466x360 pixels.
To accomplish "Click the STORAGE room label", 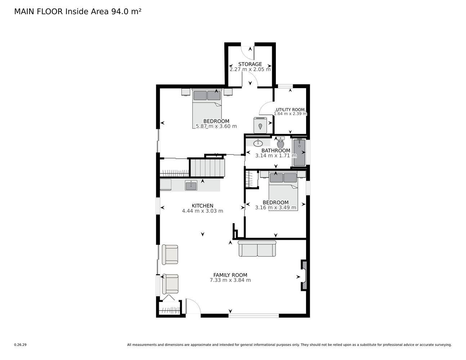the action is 250,64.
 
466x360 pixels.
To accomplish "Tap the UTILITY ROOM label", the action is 290,110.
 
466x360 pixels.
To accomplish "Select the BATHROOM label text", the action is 276,150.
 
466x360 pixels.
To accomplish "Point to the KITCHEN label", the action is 202,206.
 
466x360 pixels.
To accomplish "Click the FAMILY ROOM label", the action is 230,275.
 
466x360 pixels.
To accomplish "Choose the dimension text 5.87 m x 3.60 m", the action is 216,126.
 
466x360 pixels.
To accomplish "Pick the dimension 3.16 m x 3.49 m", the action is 275,207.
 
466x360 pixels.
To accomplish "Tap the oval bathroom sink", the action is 258,143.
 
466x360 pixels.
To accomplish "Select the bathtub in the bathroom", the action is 299,152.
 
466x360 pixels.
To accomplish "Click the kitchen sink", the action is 191,185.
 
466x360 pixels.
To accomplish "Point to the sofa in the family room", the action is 257,248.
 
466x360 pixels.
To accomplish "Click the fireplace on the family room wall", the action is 304,275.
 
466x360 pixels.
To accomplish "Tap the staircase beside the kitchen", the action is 207,168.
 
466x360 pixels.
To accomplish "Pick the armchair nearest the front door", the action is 170,284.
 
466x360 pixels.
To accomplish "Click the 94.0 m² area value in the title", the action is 126,12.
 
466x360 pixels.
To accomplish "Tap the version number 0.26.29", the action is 21,345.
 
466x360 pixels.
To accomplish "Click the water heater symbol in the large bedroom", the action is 260,125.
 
